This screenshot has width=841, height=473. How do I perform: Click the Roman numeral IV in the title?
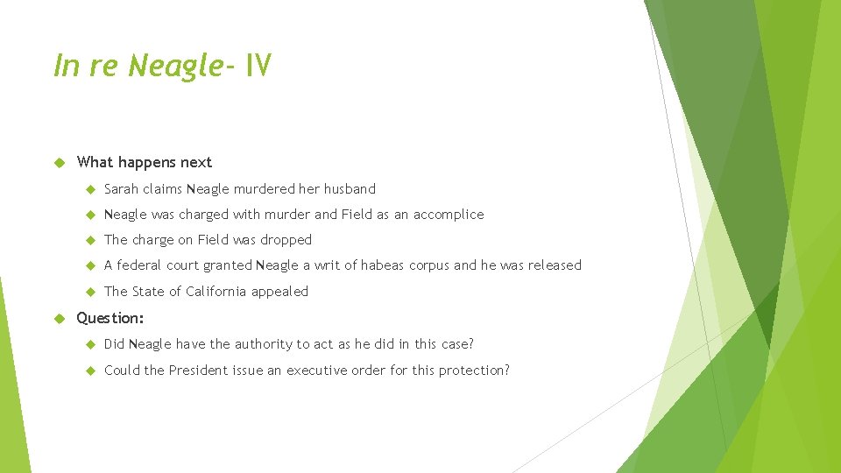(258, 65)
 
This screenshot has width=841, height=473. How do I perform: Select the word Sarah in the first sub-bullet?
(121, 188)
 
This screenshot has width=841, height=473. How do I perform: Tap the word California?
(217, 291)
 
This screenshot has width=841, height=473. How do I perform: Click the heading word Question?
(110, 317)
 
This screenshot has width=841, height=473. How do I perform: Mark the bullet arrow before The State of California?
(88, 291)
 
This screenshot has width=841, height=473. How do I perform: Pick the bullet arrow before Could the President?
(88, 370)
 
